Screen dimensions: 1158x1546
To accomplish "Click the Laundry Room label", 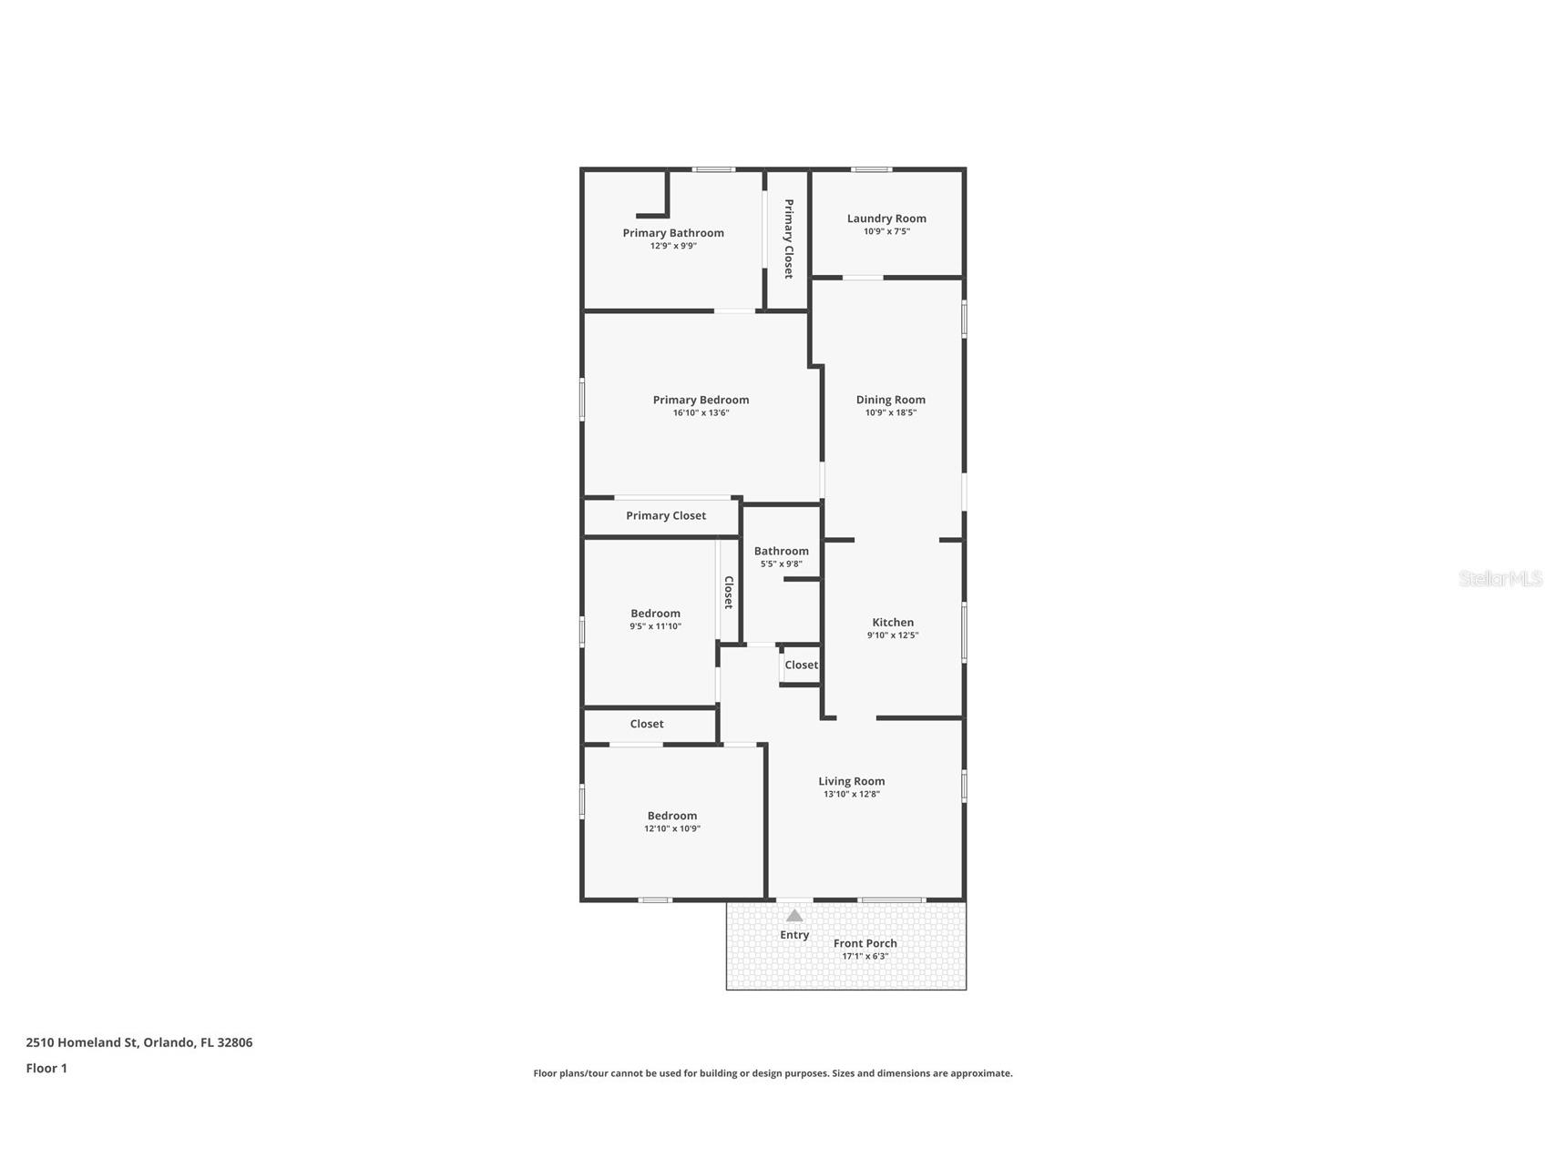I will [886, 218].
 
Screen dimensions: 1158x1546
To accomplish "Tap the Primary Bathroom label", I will [673, 233].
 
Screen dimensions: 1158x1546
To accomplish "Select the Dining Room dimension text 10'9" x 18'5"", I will [890, 412].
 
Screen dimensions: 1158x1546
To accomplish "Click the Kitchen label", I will [893, 623].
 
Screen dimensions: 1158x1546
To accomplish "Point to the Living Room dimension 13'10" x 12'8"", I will [851, 794].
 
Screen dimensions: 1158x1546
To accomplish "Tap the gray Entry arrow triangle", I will [794, 916].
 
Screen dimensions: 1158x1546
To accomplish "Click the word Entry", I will [794, 935].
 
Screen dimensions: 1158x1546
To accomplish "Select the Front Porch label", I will [865, 943].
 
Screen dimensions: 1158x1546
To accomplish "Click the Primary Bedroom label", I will [701, 400].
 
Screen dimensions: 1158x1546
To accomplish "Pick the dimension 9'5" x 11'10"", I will [655, 626].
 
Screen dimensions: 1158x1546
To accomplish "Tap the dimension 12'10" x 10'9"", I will [672, 828].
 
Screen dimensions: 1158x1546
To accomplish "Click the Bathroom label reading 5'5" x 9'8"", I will [781, 564].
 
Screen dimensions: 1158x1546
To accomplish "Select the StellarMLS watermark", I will [1500, 578].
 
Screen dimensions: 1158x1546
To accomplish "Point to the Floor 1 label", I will [46, 1068].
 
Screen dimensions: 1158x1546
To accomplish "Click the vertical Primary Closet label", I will [789, 239].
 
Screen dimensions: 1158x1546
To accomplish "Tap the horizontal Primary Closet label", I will [666, 515].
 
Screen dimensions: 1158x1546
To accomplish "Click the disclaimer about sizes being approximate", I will [773, 1073].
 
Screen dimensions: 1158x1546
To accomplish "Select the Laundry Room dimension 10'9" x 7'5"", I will [886, 231].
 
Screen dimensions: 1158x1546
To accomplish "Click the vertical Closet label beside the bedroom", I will [729, 593].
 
